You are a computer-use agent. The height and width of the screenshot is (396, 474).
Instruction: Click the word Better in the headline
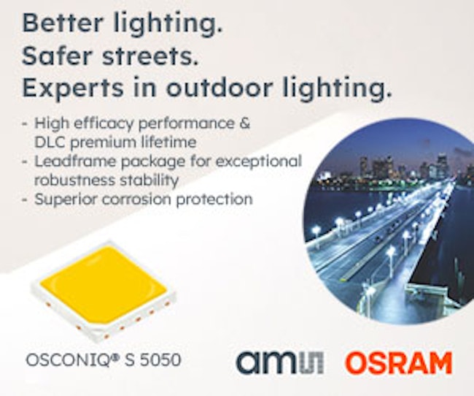[63, 23]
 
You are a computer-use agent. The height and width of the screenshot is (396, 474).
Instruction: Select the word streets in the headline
[150, 57]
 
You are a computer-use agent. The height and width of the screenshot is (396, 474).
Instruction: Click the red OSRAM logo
[399, 363]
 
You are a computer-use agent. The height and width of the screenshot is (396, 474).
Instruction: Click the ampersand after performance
[244, 123]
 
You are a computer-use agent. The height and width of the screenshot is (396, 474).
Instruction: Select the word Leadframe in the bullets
[75, 161]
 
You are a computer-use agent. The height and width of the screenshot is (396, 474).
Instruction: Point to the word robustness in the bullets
[74, 180]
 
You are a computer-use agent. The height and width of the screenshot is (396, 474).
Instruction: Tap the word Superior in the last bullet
[66, 199]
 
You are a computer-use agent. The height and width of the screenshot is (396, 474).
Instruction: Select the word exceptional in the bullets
[258, 161]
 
